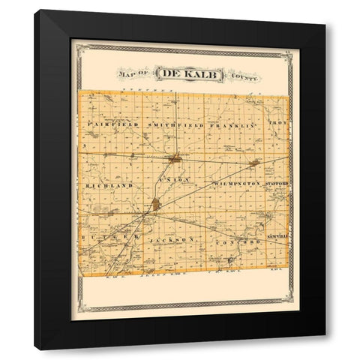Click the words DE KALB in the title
point(179,73)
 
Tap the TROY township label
point(279,121)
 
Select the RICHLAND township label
point(109,184)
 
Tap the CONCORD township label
point(236,244)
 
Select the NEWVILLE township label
point(277,237)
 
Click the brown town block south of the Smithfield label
point(175,158)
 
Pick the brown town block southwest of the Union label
point(155,203)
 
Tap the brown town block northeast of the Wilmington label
point(255,162)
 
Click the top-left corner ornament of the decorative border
point(77,46)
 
